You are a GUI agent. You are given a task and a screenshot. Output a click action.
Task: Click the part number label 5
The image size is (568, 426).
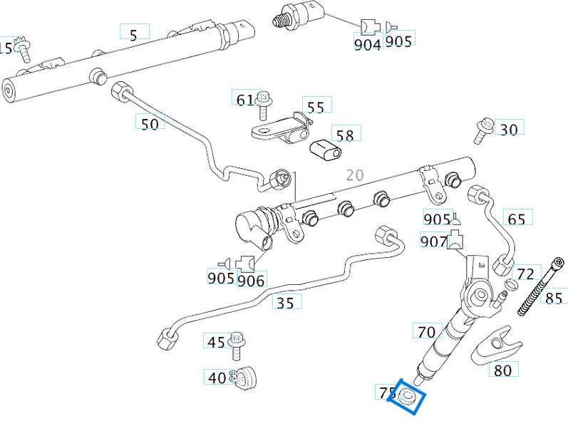[x=133, y=32]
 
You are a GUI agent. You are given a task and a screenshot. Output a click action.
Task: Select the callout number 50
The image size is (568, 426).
[x=150, y=123]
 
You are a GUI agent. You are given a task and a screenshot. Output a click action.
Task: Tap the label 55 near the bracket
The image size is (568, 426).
[x=316, y=106]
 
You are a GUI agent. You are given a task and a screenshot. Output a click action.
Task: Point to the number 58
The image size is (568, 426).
[x=346, y=135]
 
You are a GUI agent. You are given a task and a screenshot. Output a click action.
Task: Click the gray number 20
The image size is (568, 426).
[x=354, y=175]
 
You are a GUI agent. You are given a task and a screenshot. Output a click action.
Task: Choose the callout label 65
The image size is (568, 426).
[x=517, y=218]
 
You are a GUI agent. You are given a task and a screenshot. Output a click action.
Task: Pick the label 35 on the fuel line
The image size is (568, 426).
[x=285, y=303]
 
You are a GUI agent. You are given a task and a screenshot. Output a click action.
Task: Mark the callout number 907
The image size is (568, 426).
[x=434, y=241]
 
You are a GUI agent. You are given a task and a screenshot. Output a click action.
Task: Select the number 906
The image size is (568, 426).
[x=251, y=280]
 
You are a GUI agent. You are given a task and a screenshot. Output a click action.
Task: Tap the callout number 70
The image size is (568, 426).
[x=426, y=331]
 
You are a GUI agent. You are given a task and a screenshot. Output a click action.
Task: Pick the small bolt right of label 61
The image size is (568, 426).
[x=264, y=103]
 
